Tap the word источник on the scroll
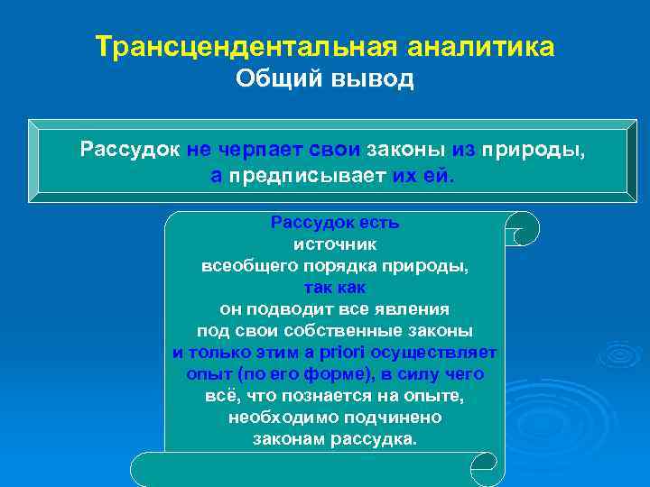(335, 243)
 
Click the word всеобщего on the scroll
(242, 268)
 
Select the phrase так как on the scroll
(335, 288)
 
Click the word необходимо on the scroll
(283, 418)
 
